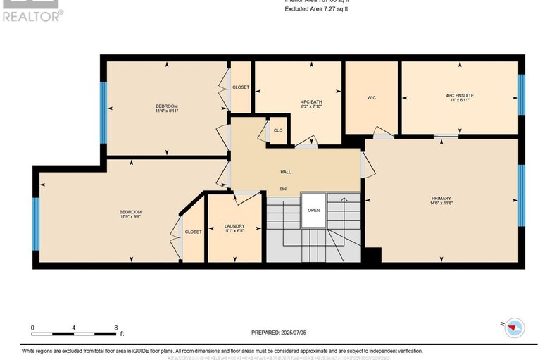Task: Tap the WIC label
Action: pyautogui.click(x=371, y=97)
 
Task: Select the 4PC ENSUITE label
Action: pyautogui.click(x=459, y=95)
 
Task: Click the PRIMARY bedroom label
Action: pyautogui.click(x=441, y=199)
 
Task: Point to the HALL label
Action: pyautogui.click(x=286, y=172)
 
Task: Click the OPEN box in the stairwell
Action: pyautogui.click(x=313, y=209)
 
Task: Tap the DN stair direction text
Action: pyautogui.click(x=283, y=189)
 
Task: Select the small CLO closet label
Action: pyautogui.click(x=278, y=130)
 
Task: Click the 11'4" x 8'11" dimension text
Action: pyautogui.click(x=167, y=111)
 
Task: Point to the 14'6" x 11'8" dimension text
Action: pyautogui.click(x=441, y=204)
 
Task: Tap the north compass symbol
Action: pyautogui.click(x=515, y=327)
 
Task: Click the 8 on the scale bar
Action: pyautogui.click(x=115, y=328)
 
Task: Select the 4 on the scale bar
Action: pyautogui.click(x=74, y=328)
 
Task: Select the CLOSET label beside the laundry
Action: pyautogui.click(x=193, y=232)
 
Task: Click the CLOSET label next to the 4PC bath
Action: pyautogui.click(x=241, y=87)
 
